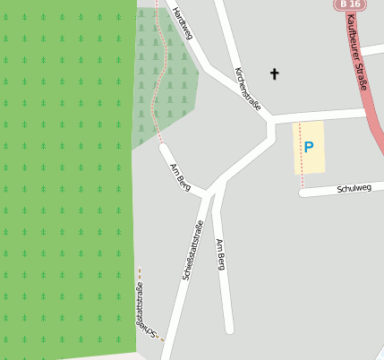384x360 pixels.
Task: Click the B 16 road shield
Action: (350, 4)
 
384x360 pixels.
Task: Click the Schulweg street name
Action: (354, 188)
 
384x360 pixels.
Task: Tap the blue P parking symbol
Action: (309, 147)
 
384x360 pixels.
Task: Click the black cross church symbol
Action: (274, 73)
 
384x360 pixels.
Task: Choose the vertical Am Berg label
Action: (220, 255)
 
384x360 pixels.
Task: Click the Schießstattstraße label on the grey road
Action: (192, 251)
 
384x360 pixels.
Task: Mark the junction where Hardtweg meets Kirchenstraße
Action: (207, 67)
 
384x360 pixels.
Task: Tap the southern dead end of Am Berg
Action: (229, 330)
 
